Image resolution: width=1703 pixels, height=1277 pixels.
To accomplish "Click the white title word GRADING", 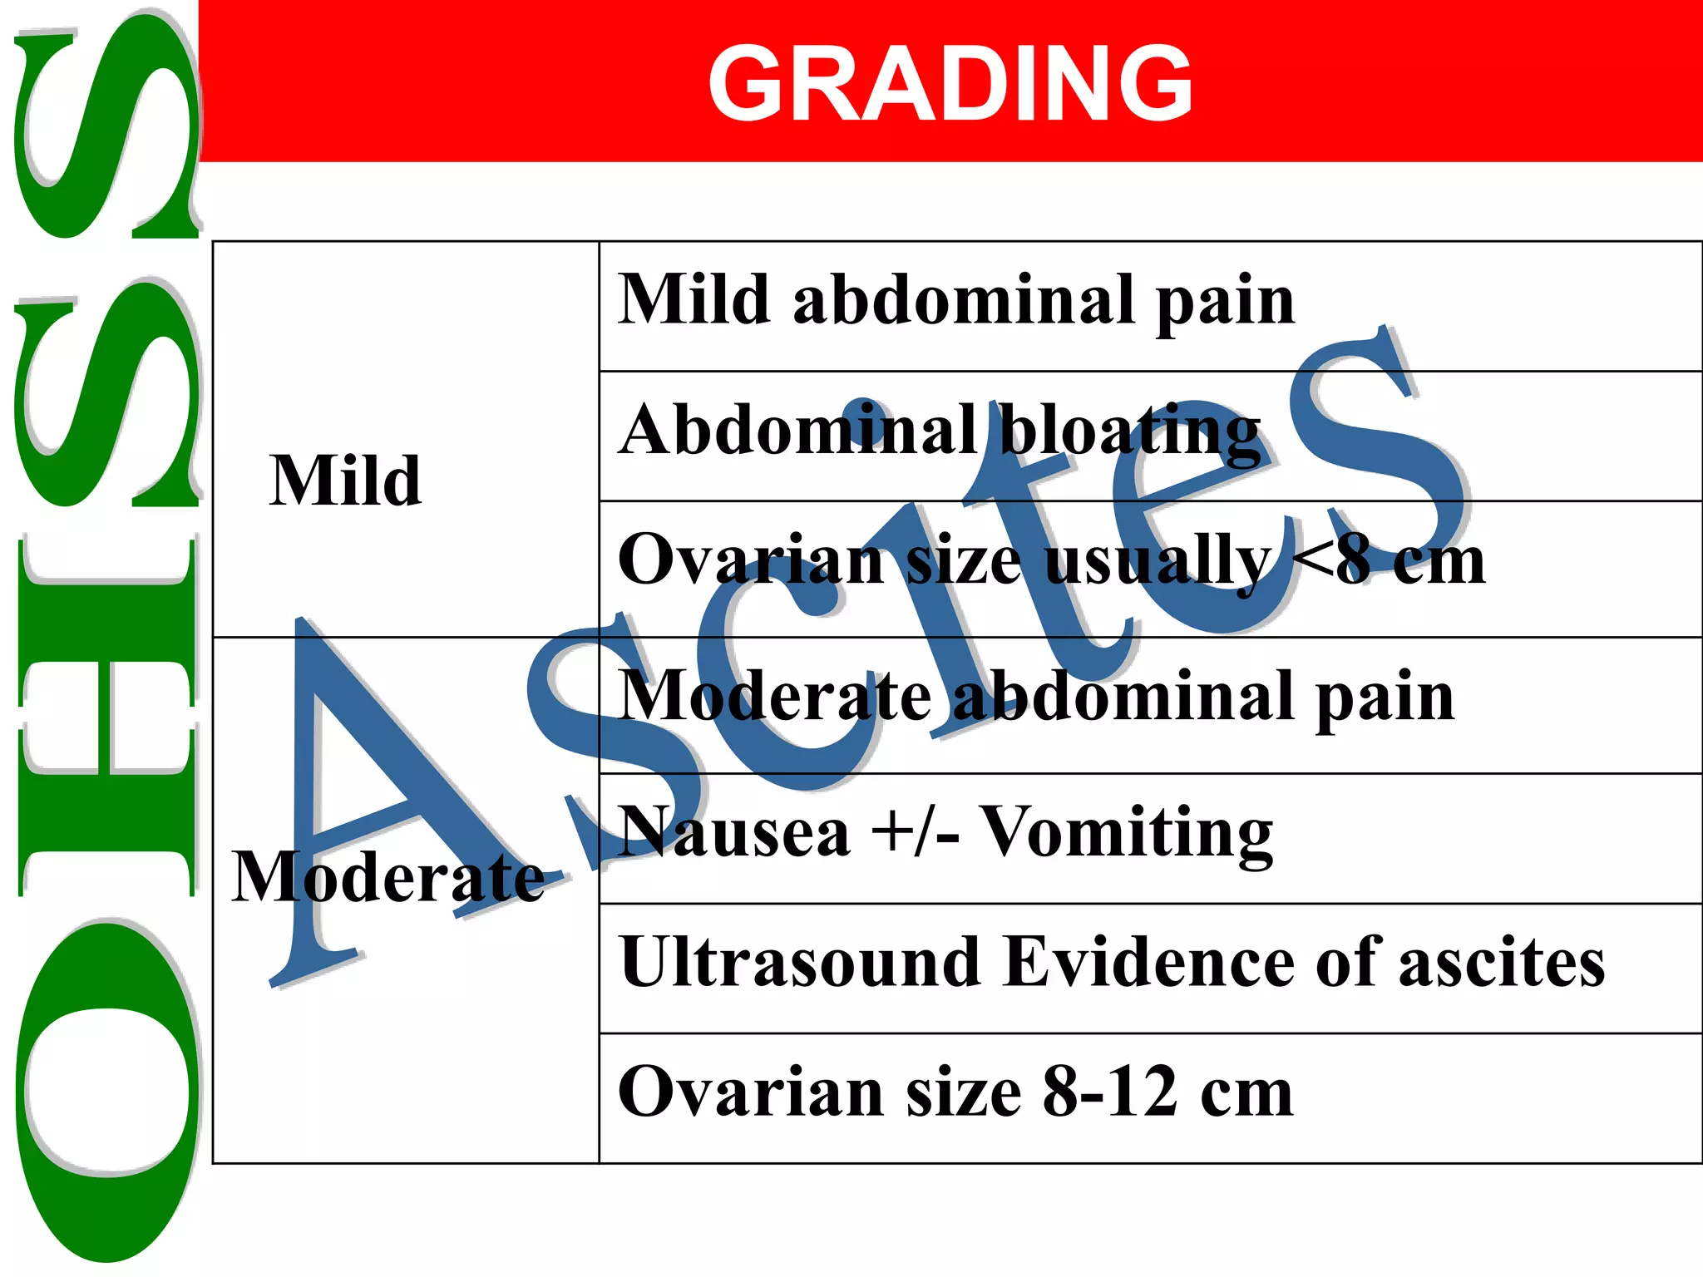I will point(950,83).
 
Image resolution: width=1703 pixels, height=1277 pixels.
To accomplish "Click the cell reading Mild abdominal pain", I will point(956,301).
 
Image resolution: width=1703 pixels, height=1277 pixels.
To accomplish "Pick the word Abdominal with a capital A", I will point(798,431).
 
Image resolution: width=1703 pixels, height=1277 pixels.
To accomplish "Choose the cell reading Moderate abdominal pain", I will point(1036,697).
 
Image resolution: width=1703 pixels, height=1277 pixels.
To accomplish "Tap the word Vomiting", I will point(1128,833).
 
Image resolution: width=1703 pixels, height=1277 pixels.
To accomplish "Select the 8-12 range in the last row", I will point(1110,1092).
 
